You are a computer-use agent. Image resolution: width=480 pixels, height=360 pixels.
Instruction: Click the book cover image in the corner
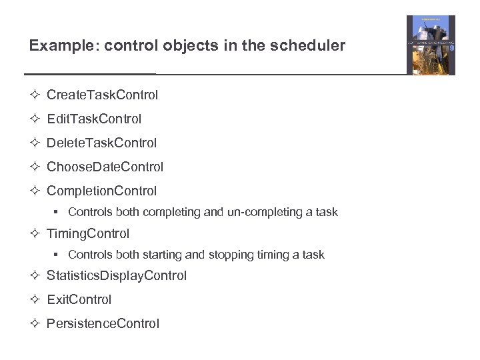[x=431, y=45]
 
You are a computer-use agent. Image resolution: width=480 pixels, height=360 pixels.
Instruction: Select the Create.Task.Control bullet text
[x=102, y=95]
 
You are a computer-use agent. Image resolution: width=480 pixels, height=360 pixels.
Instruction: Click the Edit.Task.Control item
[x=94, y=119]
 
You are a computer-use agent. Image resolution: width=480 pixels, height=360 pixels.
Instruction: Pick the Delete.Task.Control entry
[x=101, y=143]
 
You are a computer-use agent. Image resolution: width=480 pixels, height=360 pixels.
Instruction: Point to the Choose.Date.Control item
[x=105, y=167]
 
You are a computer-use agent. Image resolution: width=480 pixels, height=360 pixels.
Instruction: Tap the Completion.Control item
[x=101, y=191]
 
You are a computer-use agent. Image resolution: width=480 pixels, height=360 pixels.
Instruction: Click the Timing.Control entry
[x=88, y=233]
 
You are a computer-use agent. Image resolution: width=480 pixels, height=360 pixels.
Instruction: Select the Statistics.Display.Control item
[x=117, y=275]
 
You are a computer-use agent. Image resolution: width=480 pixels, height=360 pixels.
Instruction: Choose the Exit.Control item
[x=79, y=299]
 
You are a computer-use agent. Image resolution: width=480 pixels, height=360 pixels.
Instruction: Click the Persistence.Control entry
[x=103, y=323]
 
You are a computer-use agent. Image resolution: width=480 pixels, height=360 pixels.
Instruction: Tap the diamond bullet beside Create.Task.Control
[x=35, y=95]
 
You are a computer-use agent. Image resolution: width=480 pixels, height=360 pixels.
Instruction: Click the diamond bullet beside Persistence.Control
[x=35, y=323]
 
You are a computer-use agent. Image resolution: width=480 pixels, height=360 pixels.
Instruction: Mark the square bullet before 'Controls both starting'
[x=58, y=254]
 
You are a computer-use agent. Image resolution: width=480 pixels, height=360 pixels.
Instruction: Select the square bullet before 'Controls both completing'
[x=58, y=212]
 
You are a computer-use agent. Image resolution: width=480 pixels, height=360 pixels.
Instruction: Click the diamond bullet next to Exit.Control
[x=35, y=299]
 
